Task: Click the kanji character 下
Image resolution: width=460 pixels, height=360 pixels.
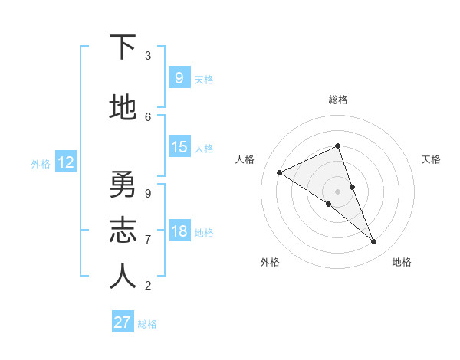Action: [x=123, y=47]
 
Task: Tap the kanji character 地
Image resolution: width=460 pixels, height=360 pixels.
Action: [x=123, y=108]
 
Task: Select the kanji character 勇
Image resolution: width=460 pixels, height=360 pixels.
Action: [x=123, y=185]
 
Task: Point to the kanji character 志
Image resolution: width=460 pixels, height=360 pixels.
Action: [x=123, y=231]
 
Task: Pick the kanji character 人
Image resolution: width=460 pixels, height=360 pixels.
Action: [x=123, y=277]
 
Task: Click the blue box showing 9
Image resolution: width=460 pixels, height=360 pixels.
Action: [x=179, y=78]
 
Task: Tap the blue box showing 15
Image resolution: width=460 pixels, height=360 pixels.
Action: [x=179, y=147]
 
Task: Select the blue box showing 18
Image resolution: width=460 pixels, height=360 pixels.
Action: [x=179, y=231]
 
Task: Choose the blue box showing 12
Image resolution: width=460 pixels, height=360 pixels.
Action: [x=65, y=162]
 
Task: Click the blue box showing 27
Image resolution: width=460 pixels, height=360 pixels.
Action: [x=123, y=322]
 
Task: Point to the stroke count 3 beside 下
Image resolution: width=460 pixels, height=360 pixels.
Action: [x=148, y=56]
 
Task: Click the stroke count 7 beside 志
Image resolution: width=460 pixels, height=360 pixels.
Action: [x=148, y=240]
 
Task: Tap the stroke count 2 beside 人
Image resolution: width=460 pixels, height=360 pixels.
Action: [x=148, y=286]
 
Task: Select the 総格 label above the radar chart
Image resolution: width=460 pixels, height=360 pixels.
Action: [x=337, y=100]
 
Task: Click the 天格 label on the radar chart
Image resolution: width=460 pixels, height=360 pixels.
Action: [x=431, y=159]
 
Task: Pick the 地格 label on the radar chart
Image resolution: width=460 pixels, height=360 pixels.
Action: [x=402, y=262]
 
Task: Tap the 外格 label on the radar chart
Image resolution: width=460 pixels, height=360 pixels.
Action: [x=270, y=262]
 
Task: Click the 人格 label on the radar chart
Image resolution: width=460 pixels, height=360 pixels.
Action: [x=245, y=159]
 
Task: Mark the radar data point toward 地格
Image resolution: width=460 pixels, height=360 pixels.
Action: [x=374, y=242]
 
